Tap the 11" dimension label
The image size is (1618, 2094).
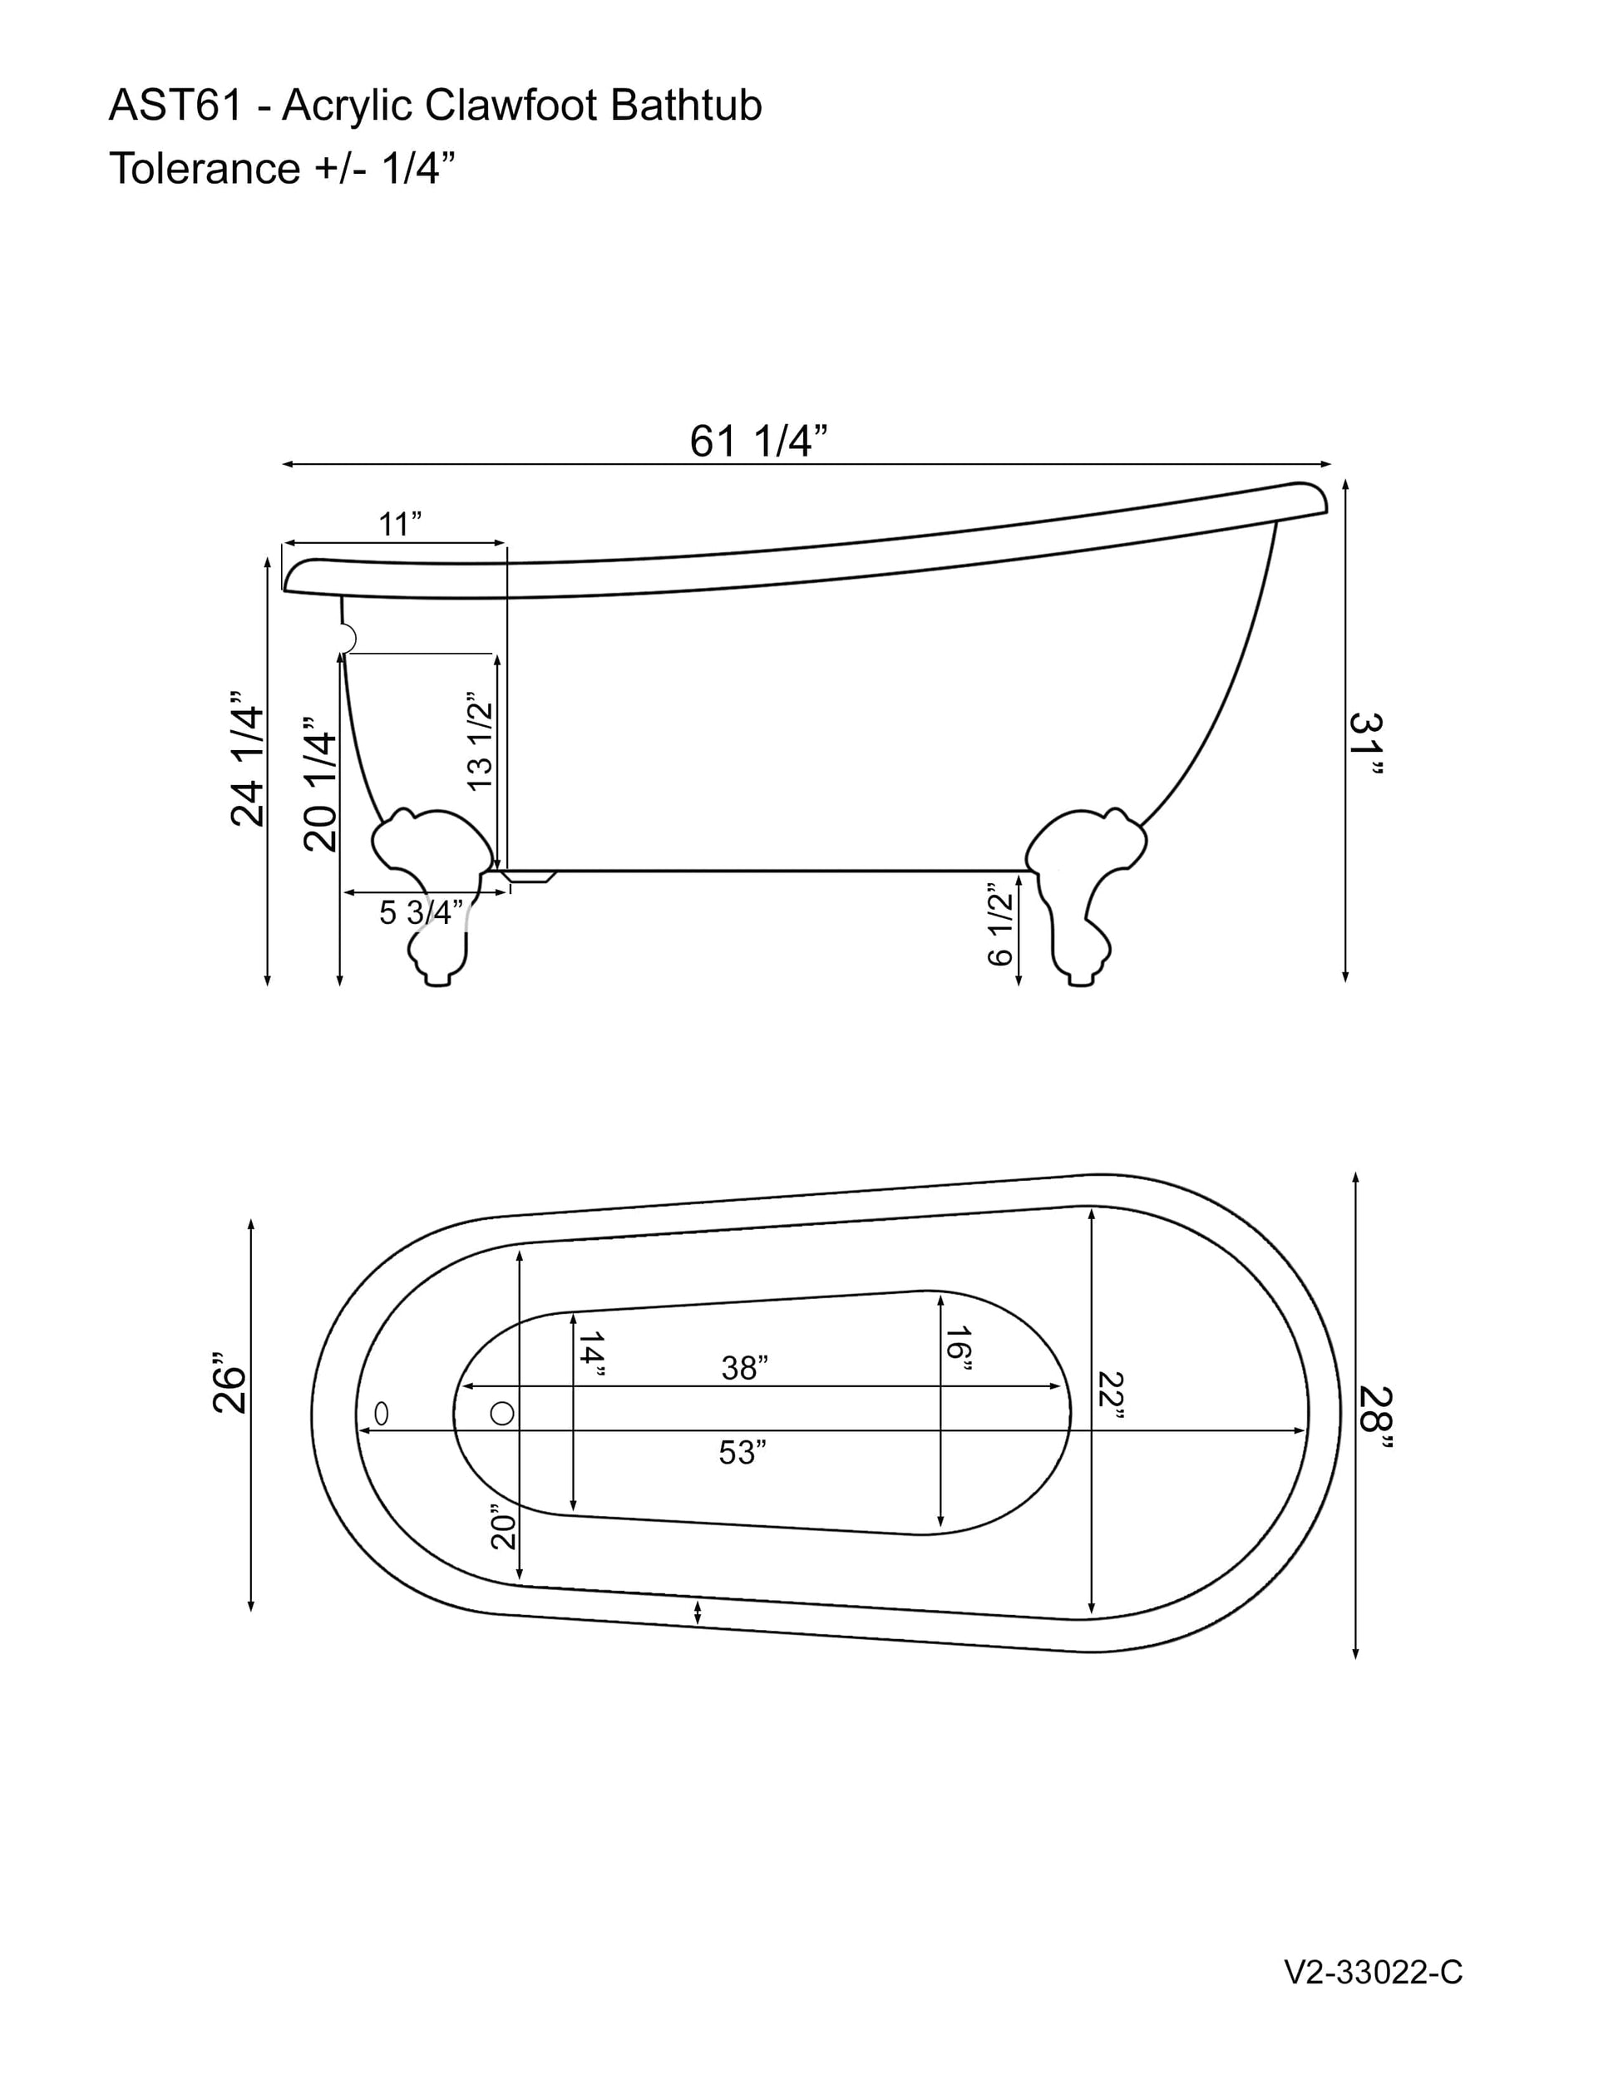[400, 525]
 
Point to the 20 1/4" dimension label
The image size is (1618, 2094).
[320, 783]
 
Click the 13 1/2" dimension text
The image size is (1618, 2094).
[479, 741]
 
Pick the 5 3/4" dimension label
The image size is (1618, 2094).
[421, 911]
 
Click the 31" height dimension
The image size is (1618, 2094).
[1367, 746]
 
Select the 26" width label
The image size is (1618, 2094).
[229, 1384]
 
